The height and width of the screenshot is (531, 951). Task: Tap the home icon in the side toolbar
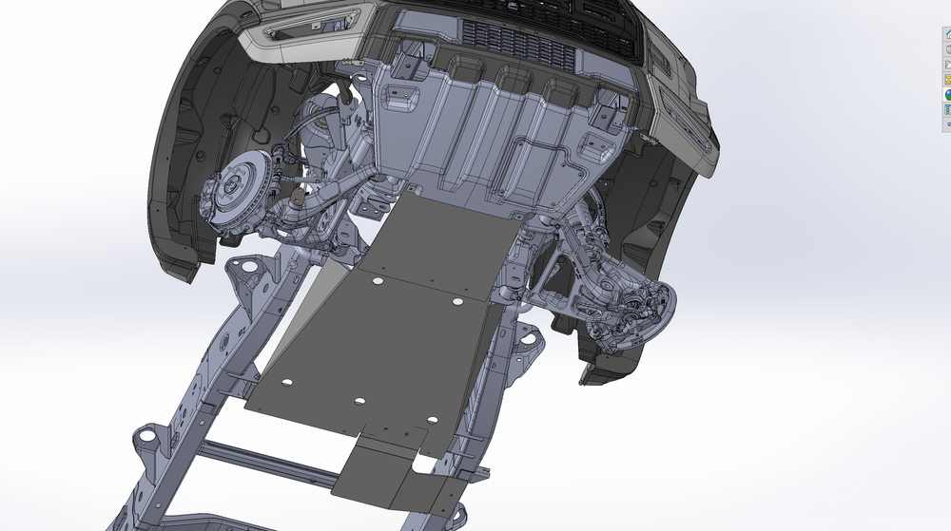tap(947, 34)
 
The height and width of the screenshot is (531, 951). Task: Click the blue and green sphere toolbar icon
tap(947, 95)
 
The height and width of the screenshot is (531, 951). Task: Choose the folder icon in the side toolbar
tap(947, 65)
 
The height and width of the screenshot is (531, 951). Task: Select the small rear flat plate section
tap(399, 475)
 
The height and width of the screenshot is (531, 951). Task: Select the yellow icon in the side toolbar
tap(947, 80)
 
